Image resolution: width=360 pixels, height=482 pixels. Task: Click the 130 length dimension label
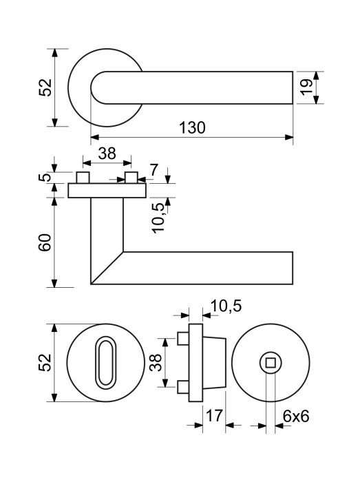(x=192, y=127)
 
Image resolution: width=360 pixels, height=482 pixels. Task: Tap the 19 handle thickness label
(x=306, y=87)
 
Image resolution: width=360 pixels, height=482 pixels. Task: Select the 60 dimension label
(x=45, y=242)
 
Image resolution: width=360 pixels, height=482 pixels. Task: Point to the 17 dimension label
(x=214, y=416)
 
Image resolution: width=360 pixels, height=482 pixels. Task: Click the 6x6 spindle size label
(x=296, y=416)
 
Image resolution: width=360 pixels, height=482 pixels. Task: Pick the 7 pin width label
(x=154, y=170)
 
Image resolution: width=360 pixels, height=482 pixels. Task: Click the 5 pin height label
(x=45, y=177)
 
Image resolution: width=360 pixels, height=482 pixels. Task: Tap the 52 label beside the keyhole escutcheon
(x=45, y=362)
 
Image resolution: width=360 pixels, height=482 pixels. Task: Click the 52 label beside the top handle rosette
(x=45, y=87)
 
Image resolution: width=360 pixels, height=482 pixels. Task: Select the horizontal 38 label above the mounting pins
(x=107, y=154)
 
